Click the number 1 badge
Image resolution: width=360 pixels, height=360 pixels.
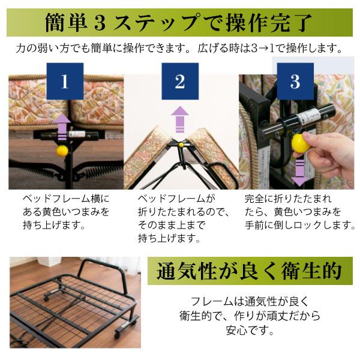click(x=64, y=82)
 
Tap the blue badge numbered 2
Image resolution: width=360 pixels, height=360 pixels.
click(x=180, y=82)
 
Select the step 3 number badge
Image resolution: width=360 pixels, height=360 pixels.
click(x=295, y=82)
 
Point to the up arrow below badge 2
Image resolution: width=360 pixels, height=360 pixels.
click(x=179, y=119)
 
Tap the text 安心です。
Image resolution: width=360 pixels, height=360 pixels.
click(x=248, y=331)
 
